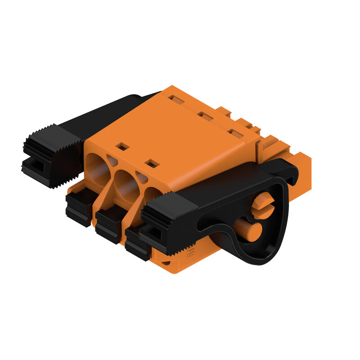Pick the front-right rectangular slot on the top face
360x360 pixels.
point(152,163)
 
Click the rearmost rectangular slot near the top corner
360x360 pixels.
point(176,99)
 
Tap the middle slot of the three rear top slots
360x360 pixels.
point(206,117)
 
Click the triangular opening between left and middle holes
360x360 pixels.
point(112,161)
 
